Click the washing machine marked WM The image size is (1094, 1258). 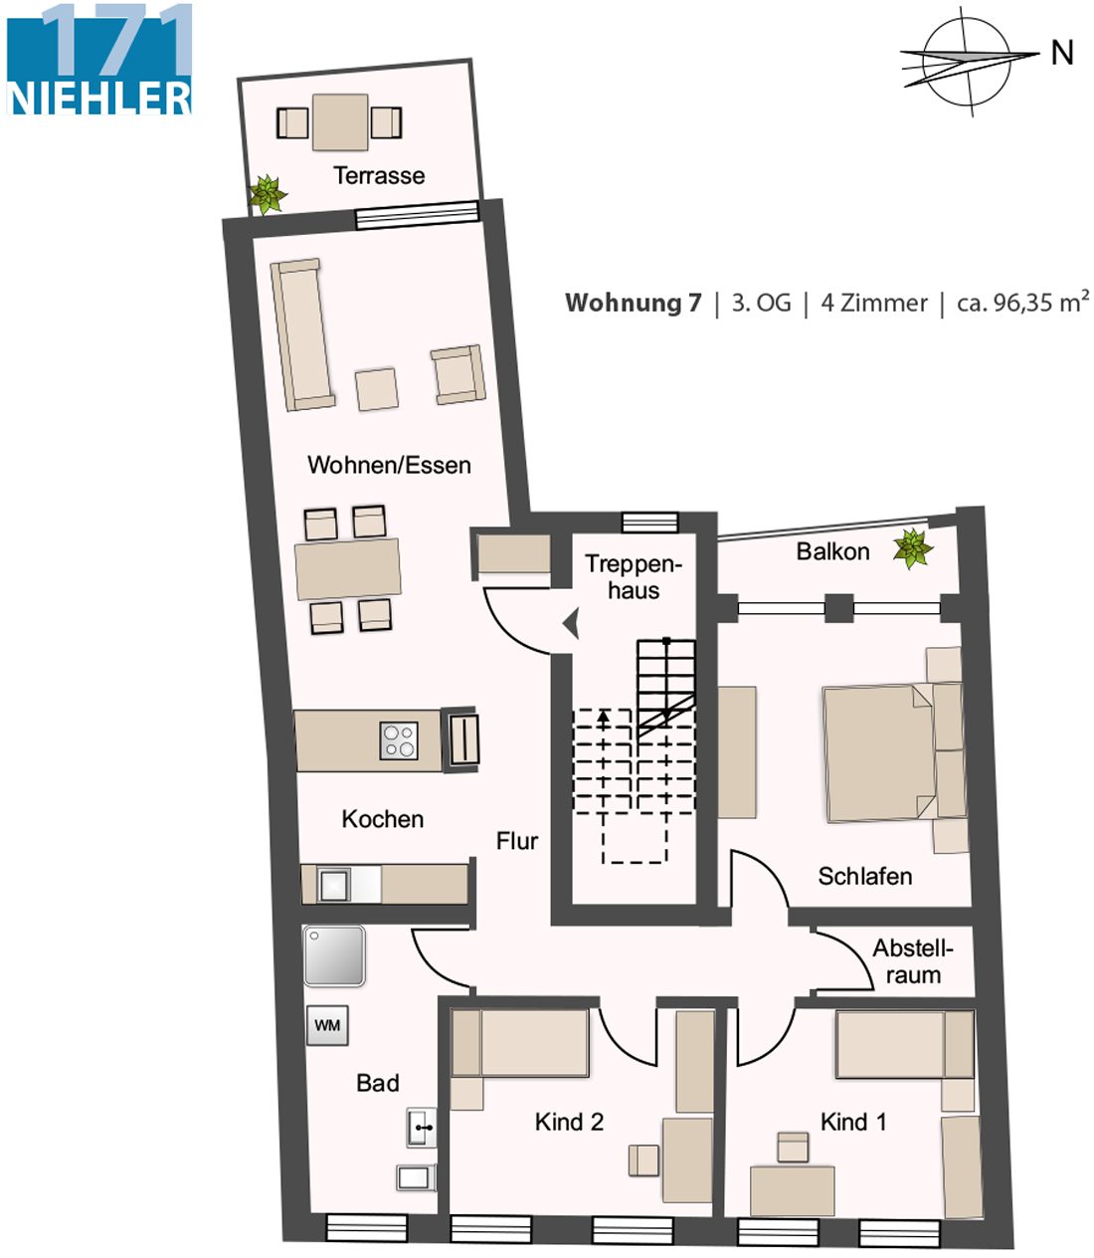[327, 1025]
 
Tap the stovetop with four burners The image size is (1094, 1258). [399, 740]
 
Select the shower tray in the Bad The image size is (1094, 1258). [334, 955]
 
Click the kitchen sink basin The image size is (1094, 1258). [333, 885]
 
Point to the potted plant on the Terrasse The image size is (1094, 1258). [268, 194]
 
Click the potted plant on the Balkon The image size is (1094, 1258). [913, 547]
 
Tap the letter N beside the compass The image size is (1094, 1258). [1062, 53]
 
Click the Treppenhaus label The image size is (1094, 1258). [634, 576]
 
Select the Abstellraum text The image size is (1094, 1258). [913, 961]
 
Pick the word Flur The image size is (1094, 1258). [516, 841]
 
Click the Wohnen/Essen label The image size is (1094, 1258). [389, 466]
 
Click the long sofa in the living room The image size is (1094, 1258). [301, 334]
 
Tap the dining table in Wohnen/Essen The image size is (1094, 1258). [348, 568]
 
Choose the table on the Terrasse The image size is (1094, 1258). [340, 121]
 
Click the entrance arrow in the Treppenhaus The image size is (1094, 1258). [571, 623]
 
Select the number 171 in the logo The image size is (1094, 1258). [116, 41]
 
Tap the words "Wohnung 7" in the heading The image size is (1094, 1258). [633, 303]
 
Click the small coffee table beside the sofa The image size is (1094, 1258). [377, 388]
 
